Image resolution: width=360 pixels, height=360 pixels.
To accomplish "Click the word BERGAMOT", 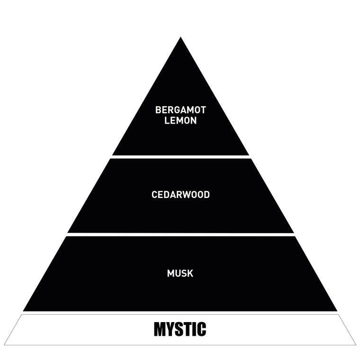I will click(180, 110).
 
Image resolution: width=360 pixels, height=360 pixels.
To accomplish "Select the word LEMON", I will click(180, 120).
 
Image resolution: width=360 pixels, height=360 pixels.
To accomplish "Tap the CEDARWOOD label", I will click(180, 195).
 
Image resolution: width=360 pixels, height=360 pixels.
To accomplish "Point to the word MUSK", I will click(180, 273).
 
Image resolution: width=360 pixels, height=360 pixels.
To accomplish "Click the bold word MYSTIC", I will click(180, 329).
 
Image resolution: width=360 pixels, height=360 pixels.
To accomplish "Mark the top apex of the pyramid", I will click(180, 38).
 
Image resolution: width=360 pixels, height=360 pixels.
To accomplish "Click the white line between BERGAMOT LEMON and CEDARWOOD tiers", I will click(180, 156).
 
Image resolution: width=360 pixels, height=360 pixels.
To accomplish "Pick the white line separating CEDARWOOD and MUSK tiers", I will click(180, 234).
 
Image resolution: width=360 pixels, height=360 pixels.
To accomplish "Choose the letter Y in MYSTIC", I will click(171, 329).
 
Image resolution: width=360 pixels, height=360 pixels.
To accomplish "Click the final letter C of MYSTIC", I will click(201, 329).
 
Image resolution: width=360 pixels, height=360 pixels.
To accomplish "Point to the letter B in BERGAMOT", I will click(158, 110).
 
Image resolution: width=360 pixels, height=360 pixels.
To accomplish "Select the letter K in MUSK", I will click(190, 273).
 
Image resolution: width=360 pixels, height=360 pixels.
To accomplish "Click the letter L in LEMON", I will click(167, 120).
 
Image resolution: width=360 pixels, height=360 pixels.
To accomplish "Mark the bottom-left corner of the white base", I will click(5, 344).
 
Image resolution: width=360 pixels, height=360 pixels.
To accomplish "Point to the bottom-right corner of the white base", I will click(355, 344).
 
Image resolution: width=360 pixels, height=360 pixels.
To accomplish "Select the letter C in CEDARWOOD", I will click(154, 195).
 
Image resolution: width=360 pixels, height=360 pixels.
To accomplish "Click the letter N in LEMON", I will click(193, 120).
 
